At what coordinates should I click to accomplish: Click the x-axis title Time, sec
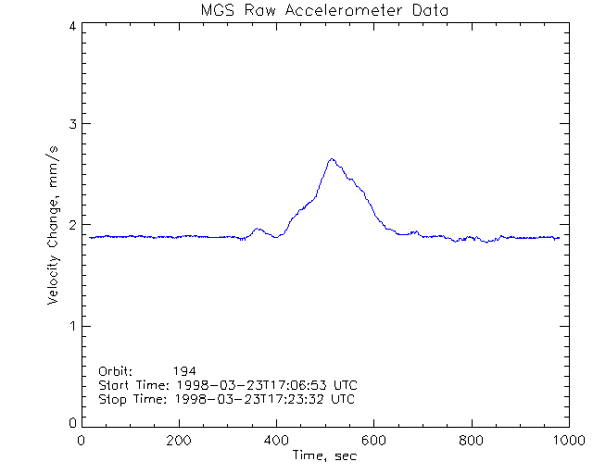click(324, 455)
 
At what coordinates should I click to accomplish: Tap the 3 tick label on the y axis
click(71, 124)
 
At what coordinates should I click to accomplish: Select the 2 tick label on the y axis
click(71, 225)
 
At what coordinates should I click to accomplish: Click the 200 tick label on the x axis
click(180, 441)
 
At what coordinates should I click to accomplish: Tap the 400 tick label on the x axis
click(277, 441)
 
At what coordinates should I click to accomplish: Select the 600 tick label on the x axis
click(374, 441)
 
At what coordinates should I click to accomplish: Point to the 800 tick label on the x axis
click(472, 441)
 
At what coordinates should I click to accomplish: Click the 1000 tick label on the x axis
click(566, 441)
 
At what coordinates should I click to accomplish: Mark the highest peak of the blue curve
click(332, 159)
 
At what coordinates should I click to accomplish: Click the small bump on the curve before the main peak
click(259, 229)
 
